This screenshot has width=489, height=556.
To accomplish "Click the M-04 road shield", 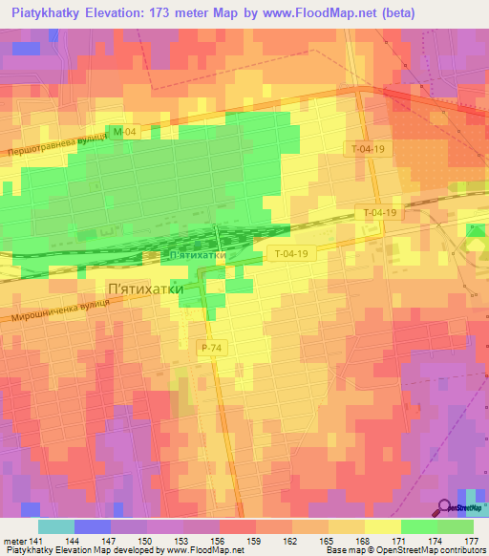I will click(x=119, y=133).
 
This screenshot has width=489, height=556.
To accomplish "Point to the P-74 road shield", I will click(x=211, y=350).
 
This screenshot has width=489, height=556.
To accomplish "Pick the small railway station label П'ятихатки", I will click(x=196, y=256).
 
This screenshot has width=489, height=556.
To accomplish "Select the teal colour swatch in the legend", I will click(x=55, y=526).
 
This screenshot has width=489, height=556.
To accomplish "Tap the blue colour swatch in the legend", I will click(x=92, y=526).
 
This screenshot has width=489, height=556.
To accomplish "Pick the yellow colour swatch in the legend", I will click(x=382, y=526).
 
